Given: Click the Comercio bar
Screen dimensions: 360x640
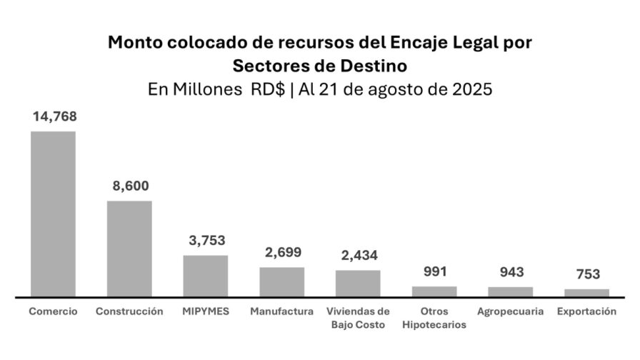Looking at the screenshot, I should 53,213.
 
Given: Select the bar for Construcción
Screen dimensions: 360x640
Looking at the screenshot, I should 129,248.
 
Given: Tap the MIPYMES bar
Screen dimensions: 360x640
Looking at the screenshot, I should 206,275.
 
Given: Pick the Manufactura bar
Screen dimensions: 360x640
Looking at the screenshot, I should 281,281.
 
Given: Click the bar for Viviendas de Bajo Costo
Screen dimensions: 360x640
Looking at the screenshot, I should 358,283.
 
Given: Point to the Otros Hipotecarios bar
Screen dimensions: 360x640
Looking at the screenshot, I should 434,291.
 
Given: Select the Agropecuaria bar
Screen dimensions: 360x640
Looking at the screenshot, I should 510,291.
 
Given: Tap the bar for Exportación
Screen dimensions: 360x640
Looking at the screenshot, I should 586,291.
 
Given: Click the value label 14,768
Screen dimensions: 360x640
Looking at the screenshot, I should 54,116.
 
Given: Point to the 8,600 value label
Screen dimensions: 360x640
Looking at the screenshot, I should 130,186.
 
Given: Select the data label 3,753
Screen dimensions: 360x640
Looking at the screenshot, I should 206,241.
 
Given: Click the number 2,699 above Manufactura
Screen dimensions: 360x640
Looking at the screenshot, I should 282,252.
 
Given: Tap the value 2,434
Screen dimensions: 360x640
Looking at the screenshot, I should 358,256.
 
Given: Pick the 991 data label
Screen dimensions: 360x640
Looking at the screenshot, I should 434,272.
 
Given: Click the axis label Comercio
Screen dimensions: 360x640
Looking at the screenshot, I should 53,311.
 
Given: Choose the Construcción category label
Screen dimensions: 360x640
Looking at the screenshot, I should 129,311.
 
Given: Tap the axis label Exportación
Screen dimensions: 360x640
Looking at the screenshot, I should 586,311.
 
